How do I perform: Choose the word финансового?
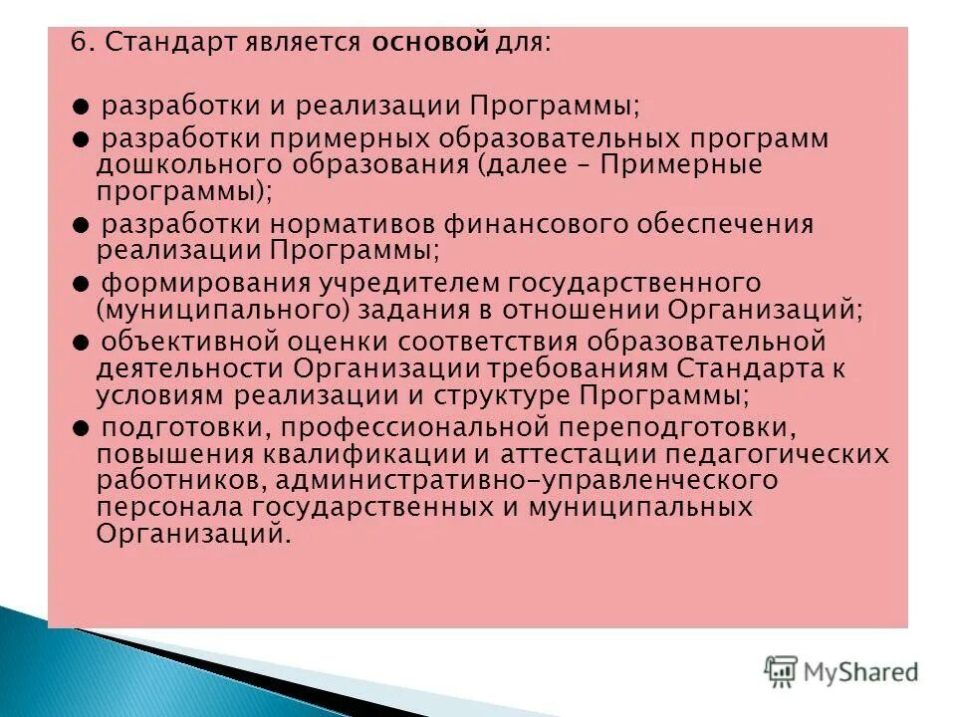tap(502, 223)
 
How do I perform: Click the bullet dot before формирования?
tap(82, 283)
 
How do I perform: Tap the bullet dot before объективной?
tap(82, 343)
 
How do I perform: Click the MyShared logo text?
tap(862, 672)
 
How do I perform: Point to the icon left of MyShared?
tap(782, 671)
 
